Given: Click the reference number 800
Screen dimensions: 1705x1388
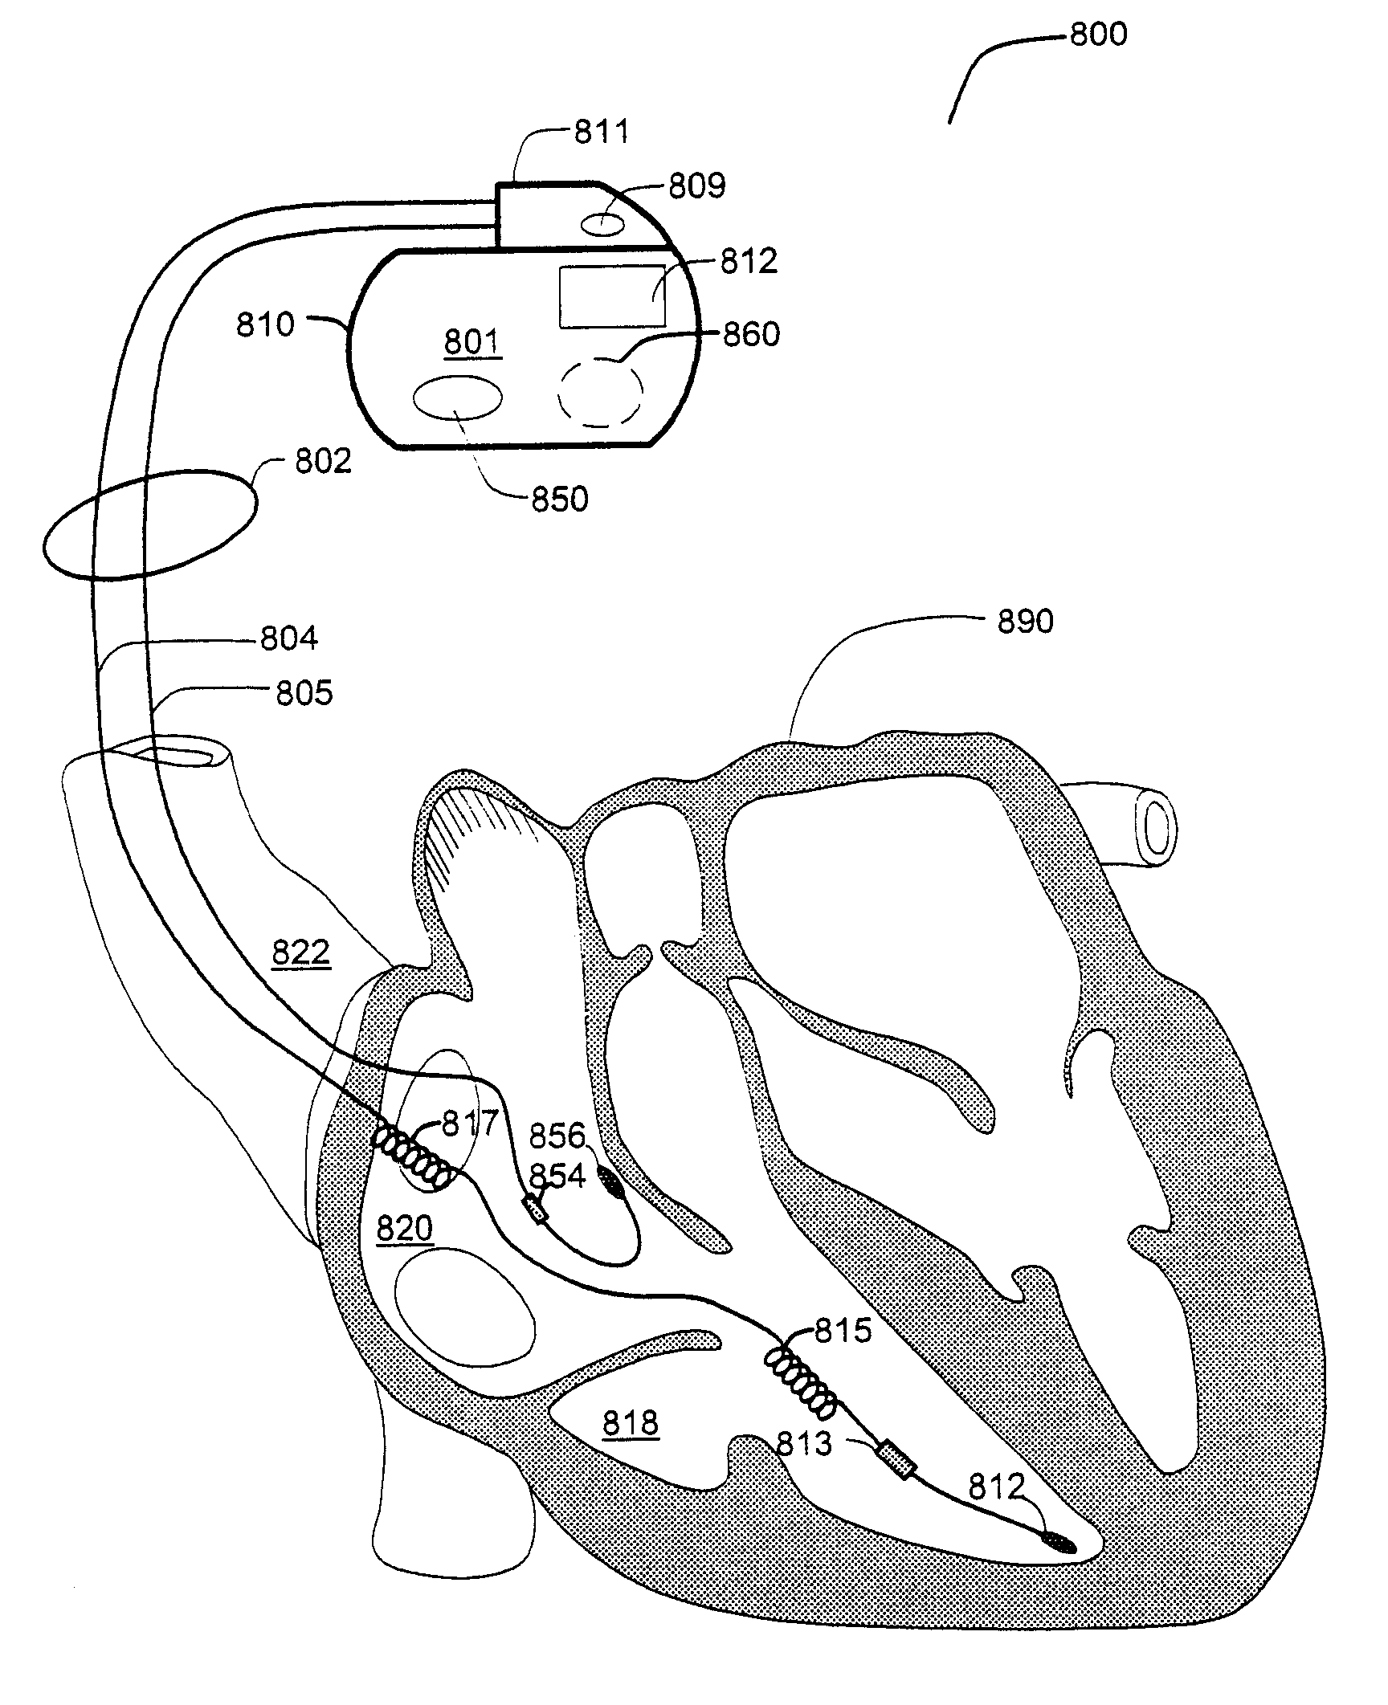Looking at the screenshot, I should [1098, 35].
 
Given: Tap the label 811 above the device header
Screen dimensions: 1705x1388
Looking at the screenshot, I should [602, 132].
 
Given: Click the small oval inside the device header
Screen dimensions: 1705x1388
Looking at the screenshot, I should [602, 224].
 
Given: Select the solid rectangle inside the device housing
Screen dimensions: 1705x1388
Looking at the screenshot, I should [612, 296].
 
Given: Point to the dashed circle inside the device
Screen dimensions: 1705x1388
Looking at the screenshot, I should [601, 393].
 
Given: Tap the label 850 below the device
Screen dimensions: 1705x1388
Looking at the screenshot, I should [560, 500].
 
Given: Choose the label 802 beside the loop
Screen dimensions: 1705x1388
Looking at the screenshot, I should [323, 462].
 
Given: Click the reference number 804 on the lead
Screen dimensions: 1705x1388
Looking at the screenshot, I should [289, 638].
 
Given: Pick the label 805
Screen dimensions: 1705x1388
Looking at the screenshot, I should [304, 693].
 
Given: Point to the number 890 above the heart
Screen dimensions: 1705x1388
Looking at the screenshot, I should [1025, 622].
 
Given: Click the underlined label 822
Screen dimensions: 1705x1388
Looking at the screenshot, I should [301, 953].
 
